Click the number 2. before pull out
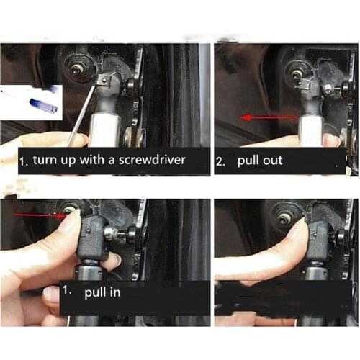coord(222,161)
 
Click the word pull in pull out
coord(246,161)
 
